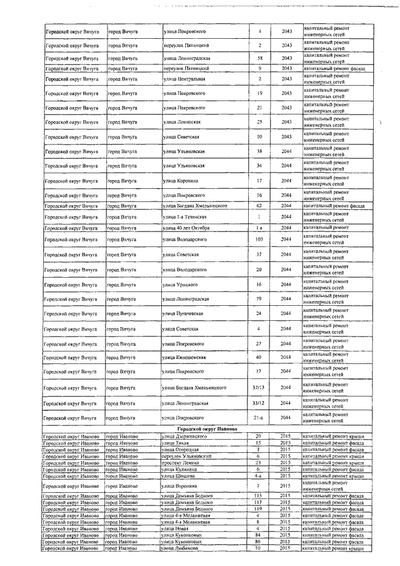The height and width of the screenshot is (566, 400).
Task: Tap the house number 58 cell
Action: coord(259,58)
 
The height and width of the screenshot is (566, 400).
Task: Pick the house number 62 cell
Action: coord(259,205)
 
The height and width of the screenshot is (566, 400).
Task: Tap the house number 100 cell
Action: coord(259,240)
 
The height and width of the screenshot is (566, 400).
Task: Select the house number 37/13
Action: coord(259,388)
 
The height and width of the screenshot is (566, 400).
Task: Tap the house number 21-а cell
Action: coord(259,417)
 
